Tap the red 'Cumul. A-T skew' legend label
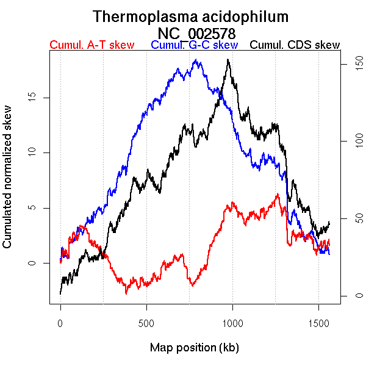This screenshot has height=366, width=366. [91, 45]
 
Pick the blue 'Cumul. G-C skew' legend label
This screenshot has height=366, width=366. [194, 45]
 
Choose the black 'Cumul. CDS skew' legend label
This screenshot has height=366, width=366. [295, 45]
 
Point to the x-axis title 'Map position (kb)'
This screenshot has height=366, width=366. [194, 348]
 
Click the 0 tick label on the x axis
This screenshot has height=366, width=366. [60, 323]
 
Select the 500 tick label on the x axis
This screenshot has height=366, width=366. [146, 323]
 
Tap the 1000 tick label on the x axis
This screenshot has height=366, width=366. [232, 323]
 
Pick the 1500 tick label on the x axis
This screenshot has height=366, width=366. [318, 323]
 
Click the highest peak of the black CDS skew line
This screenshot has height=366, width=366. [228, 59]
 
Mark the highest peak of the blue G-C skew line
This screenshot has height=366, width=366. [196, 60]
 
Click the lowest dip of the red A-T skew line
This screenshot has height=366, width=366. [126, 293]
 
